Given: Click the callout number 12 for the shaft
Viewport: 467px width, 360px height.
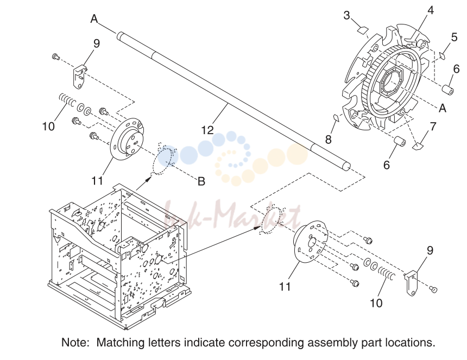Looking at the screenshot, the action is click(207, 130).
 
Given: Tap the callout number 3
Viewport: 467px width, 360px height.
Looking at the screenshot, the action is click(346, 15).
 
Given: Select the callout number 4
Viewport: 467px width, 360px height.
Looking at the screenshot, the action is click(431, 10).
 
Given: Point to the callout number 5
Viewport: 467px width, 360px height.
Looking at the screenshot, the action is click(454, 37).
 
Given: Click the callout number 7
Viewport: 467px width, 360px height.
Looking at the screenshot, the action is click(433, 126).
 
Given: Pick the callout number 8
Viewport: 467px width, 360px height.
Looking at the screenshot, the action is click(328, 139).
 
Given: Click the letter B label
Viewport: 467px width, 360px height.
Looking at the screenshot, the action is click(201, 181).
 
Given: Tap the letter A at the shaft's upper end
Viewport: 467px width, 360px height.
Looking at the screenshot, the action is click(94, 19).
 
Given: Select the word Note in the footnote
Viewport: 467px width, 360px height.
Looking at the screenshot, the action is click(75, 343).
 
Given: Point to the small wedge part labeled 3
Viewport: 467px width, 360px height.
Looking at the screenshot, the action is click(363, 29).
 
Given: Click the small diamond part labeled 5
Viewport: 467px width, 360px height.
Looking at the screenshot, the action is click(443, 55).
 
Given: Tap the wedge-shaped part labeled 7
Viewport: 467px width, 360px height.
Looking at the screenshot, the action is click(418, 146).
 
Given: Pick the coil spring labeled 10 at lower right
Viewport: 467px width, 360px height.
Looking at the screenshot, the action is click(387, 273).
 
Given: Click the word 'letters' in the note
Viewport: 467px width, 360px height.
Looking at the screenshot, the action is click(165, 343).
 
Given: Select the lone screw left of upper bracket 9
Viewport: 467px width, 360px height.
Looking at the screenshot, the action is click(55, 56).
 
